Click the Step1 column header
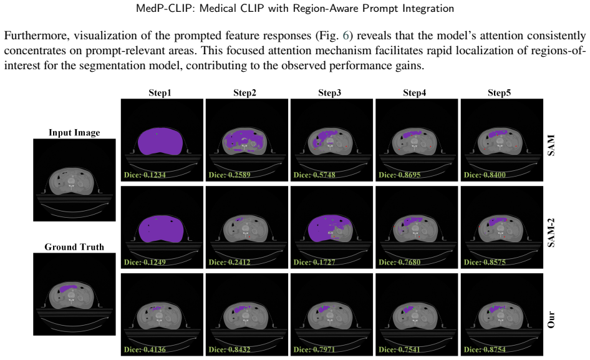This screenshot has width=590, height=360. pyautogui.click(x=160, y=92)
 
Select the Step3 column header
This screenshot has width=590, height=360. pyautogui.click(x=330, y=92)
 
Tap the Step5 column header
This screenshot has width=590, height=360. pyautogui.click(x=500, y=92)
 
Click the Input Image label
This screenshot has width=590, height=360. pyautogui.click(x=74, y=132)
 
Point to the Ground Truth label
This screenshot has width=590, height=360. pyautogui.click(x=74, y=247)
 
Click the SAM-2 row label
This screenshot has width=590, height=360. pyautogui.click(x=551, y=232)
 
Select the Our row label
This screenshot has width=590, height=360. pyautogui.click(x=551, y=319)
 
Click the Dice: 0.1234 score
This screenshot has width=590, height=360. pyautogui.click(x=145, y=175)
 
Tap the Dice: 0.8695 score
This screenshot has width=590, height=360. pyautogui.click(x=400, y=175)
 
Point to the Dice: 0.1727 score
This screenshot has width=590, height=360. pyautogui.click(x=314, y=262)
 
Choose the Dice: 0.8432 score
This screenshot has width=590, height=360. pyautogui.click(x=230, y=349)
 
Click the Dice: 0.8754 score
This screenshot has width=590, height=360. pyautogui.click(x=485, y=349)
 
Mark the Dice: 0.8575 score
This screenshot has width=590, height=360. pyautogui.click(x=485, y=262)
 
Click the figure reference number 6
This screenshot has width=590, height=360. pyautogui.click(x=346, y=36)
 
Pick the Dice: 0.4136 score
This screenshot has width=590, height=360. pyautogui.click(x=145, y=349)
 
